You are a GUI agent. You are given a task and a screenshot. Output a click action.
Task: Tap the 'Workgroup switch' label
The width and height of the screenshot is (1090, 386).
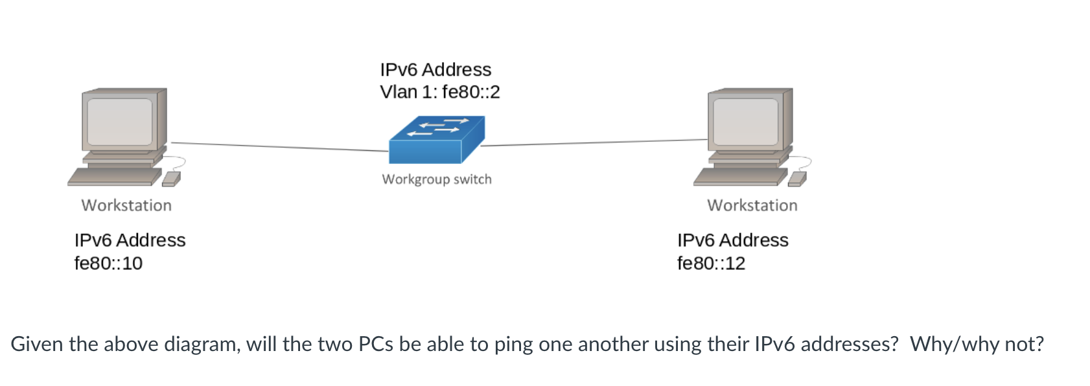(x=437, y=179)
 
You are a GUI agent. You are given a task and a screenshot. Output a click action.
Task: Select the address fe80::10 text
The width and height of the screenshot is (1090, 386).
(x=108, y=264)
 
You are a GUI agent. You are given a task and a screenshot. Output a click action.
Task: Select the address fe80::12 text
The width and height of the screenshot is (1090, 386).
(x=711, y=264)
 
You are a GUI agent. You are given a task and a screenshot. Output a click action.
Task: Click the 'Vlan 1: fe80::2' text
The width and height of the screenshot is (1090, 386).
(x=440, y=92)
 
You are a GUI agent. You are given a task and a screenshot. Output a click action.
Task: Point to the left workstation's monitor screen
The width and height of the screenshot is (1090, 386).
(x=119, y=122)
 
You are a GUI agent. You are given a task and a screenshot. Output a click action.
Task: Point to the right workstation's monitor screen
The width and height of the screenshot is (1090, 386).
(x=745, y=122)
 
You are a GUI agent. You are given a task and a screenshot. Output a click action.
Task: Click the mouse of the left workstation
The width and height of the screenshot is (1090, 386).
(x=171, y=179)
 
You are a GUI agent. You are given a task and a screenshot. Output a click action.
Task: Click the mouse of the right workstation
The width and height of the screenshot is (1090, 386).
(x=797, y=179)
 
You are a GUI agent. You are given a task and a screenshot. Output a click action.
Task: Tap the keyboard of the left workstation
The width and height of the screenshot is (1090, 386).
(x=113, y=177)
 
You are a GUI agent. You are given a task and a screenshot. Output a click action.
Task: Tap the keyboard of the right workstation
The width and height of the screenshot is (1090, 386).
(x=739, y=177)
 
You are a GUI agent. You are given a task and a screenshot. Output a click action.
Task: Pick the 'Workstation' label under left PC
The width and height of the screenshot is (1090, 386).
(x=126, y=205)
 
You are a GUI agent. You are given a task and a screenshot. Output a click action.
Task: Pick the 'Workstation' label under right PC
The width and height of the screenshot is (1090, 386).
(x=752, y=205)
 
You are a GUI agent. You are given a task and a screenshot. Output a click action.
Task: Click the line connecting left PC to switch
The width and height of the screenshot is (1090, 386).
(x=279, y=147)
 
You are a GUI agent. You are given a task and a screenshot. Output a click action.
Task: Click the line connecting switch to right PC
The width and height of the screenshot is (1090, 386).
(x=593, y=142)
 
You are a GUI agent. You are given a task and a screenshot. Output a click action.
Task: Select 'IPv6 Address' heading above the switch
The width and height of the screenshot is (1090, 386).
(x=435, y=69)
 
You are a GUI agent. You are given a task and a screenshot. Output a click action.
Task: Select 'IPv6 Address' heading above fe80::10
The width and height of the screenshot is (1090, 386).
(x=130, y=240)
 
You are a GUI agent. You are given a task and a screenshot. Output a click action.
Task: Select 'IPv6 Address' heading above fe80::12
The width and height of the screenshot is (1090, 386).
(x=732, y=240)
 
